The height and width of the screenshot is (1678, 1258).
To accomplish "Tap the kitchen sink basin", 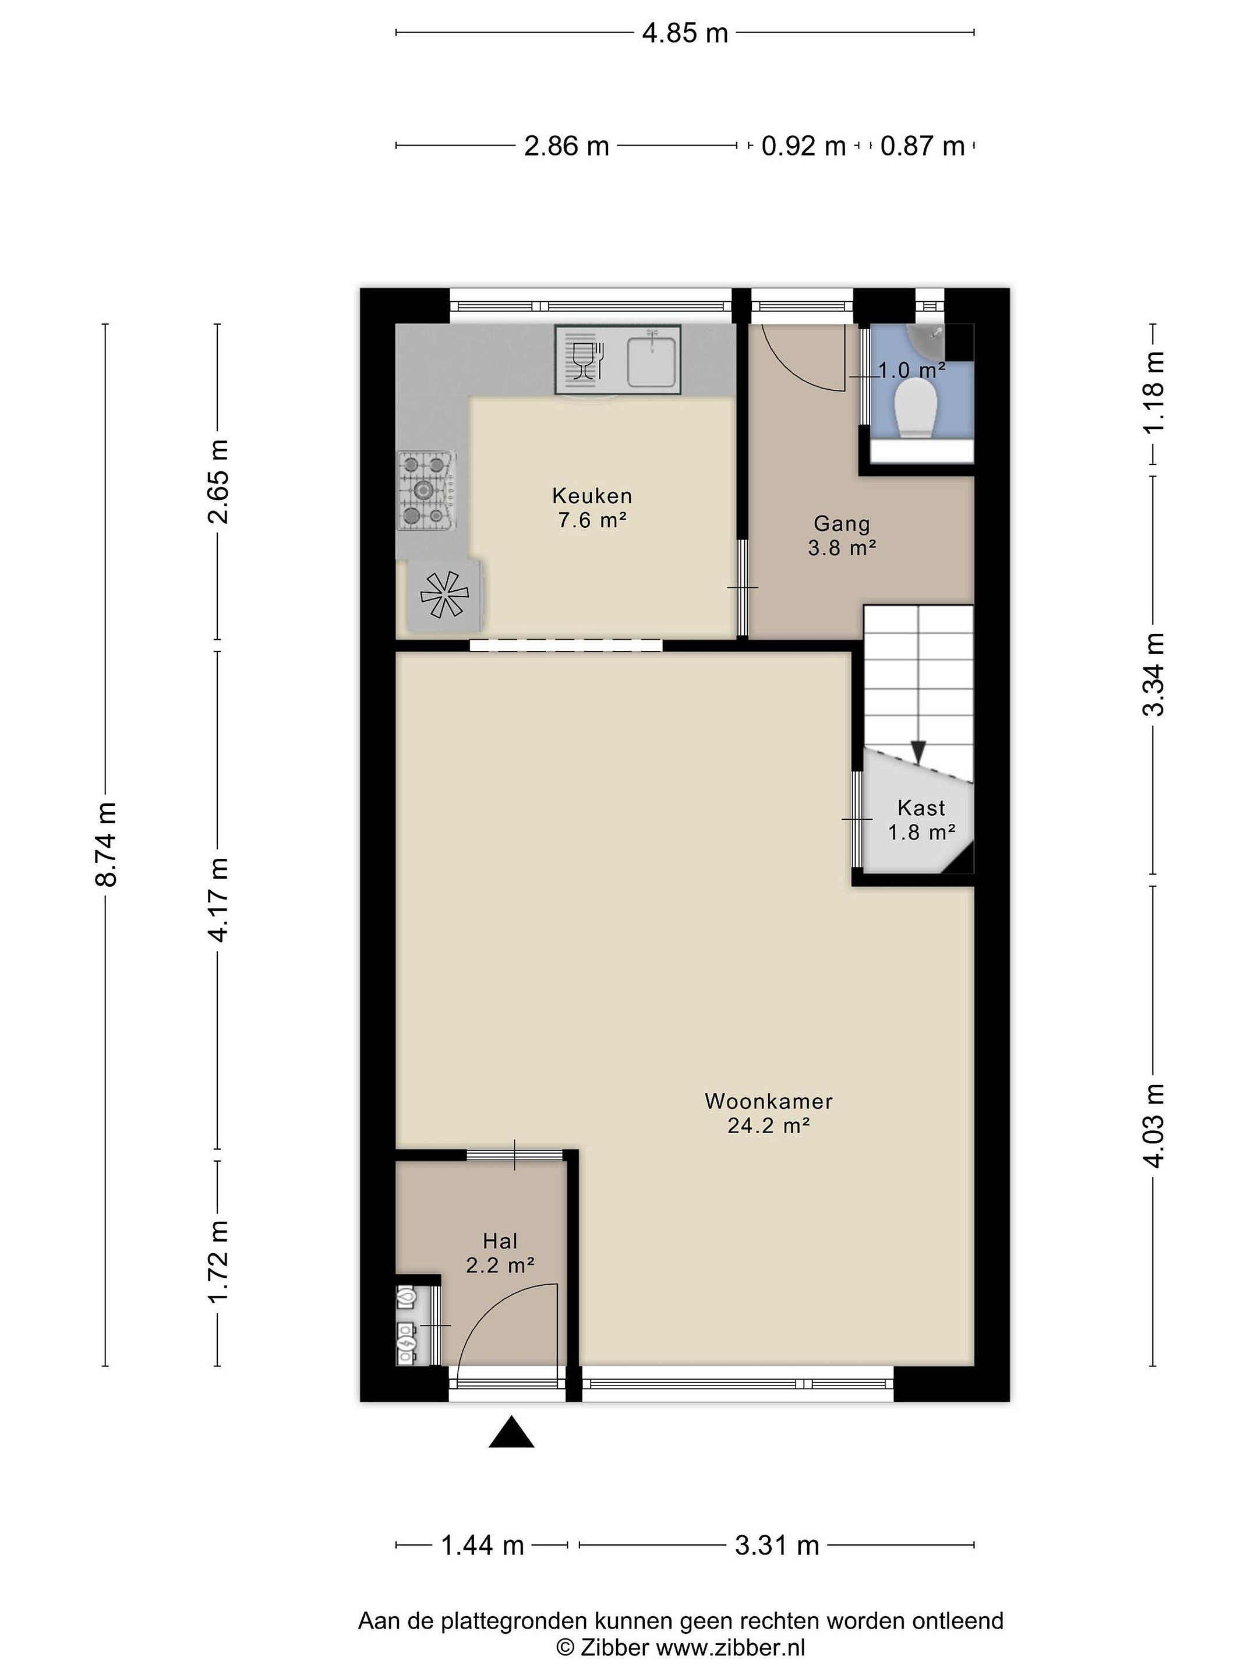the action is click(x=651, y=361).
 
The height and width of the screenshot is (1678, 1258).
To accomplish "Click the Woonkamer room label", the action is click(x=768, y=1101).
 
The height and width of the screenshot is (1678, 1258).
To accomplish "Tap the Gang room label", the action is click(x=842, y=523).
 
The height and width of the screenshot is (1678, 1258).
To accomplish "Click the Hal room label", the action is click(x=500, y=1242).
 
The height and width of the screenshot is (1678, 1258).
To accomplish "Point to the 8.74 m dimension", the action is click(x=105, y=844).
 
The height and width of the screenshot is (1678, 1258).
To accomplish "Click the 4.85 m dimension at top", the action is click(x=685, y=33).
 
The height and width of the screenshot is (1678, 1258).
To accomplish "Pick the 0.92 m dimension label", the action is click(x=803, y=145).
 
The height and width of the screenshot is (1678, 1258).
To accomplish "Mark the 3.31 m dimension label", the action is click(x=778, y=1545).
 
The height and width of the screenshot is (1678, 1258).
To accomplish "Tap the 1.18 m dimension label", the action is click(x=1153, y=392).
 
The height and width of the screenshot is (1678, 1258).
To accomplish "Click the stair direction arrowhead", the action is click(x=918, y=751).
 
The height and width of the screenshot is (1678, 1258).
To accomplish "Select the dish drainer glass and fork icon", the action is click(x=585, y=359).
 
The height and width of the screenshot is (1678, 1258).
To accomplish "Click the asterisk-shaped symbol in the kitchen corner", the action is click(x=444, y=595).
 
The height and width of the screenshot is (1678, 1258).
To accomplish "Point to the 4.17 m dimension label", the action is click(x=218, y=899).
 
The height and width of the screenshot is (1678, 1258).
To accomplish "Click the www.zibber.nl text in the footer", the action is click(x=730, y=1647).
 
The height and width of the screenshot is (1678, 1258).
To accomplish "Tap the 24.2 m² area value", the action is click(x=768, y=1126).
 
